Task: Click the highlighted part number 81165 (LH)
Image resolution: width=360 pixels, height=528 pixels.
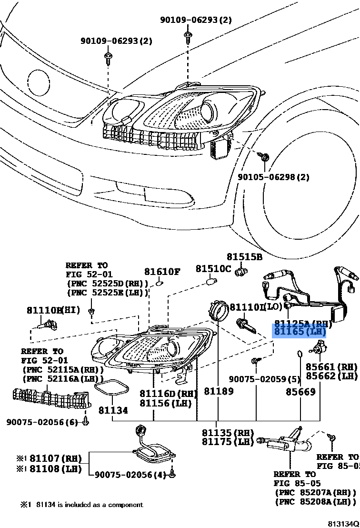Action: tap(299, 331)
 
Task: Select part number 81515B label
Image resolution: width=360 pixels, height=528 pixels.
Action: tap(244, 257)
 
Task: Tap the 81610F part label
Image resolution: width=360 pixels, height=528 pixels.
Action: tap(162, 272)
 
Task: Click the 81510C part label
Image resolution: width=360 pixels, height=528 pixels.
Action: tap(213, 269)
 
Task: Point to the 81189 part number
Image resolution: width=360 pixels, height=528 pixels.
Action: tap(219, 392)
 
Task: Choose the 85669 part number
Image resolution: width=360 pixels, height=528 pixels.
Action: tap(300, 392)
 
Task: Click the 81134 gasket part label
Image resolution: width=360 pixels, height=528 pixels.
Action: tap(113, 410)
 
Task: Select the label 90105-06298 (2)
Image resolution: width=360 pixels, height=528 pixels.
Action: tap(273, 177)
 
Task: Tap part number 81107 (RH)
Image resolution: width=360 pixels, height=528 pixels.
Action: tap(53, 459)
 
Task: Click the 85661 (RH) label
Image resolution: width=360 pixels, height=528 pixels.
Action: tap(331, 367)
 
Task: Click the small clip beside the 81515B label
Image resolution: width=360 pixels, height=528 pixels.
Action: tap(242, 272)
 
